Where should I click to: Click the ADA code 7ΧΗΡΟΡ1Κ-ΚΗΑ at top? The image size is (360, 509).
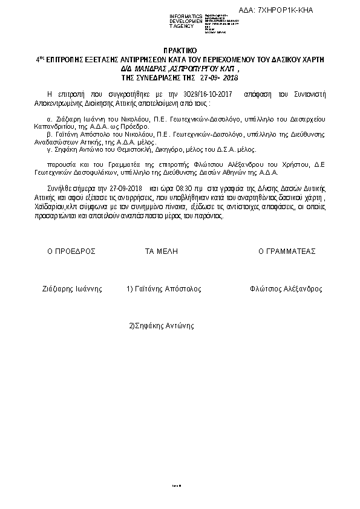pos(286,10)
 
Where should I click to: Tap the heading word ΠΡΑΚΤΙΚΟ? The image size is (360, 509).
pos(180,52)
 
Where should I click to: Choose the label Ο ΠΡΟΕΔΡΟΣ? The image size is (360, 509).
pos(71,251)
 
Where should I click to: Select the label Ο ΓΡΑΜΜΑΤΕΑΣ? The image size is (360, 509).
pos(287,251)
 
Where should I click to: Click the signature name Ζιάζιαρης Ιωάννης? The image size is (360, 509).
pos(73,289)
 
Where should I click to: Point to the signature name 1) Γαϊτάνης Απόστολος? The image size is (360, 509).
pos(164,289)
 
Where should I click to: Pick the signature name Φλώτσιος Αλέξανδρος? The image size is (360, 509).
pos(286,289)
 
